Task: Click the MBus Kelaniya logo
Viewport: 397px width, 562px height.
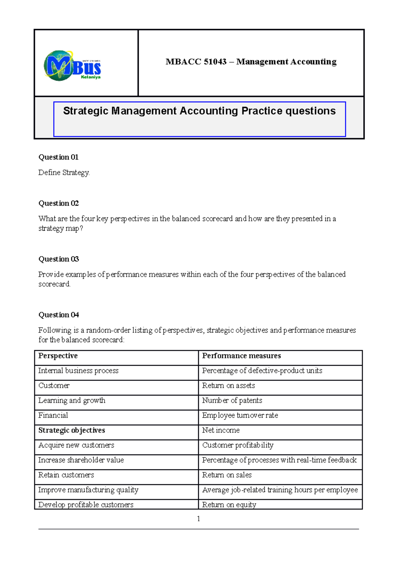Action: tap(72, 66)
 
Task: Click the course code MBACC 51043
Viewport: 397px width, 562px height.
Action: tap(196, 62)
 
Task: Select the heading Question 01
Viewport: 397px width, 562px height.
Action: tap(59, 157)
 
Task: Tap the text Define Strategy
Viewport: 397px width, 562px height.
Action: tap(64, 172)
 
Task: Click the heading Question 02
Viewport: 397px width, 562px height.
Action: tap(59, 203)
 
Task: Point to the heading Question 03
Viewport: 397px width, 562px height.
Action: tap(59, 259)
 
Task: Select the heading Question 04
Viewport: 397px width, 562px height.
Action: tap(59, 315)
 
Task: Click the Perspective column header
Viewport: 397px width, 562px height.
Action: tap(58, 356)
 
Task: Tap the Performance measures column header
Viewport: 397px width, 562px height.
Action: tap(241, 356)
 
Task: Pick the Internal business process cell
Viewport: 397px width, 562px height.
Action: tap(78, 371)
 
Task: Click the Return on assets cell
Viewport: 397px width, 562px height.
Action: tap(228, 386)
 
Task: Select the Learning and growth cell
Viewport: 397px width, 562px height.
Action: tap(72, 400)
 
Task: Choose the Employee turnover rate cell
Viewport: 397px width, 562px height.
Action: tap(240, 415)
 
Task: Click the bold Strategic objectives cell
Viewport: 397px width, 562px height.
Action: tap(71, 430)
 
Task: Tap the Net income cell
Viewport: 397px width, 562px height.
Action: tap(221, 430)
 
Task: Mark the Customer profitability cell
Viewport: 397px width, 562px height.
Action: tap(238, 445)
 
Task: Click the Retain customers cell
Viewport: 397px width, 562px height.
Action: tap(66, 475)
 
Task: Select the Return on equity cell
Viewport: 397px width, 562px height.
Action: tap(229, 504)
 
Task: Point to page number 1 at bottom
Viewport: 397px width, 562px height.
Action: tap(198, 519)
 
